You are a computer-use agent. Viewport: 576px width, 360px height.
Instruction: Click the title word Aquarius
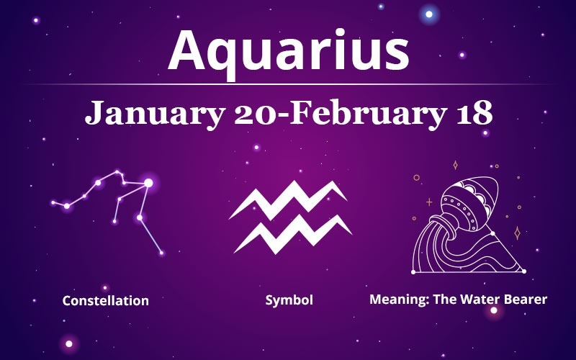pyautogui.click(x=288, y=50)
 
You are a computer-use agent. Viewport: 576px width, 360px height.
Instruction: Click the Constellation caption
pyautogui.click(x=105, y=300)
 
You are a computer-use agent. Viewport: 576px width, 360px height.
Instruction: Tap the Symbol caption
pyautogui.click(x=289, y=300)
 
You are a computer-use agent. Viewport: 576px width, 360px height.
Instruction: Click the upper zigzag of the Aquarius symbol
pyautogui.click(x=288, y=199)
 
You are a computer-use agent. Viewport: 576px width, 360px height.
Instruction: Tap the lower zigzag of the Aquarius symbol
pyautogui.click(x=292, y=232)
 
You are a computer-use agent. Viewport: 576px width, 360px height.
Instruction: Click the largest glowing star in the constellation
pyautogui.click(x=148, y=183)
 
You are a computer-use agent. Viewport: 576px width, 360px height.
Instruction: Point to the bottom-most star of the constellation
pyautogui.click(x=161, y=253)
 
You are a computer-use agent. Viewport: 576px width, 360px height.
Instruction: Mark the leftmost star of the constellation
pyautogui.click(x=53, y=202)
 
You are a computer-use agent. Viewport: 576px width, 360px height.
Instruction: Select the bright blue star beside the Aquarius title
pyautogui.click(x=431, y=14)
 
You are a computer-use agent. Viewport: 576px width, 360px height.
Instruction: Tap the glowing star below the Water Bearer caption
pyautogui.click(x=494, y=311)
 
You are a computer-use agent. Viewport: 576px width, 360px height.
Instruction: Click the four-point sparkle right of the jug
pyautogui.click(x=516, y=232)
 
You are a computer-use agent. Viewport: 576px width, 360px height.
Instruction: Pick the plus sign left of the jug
pyautogui.click(x=430, y=202)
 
